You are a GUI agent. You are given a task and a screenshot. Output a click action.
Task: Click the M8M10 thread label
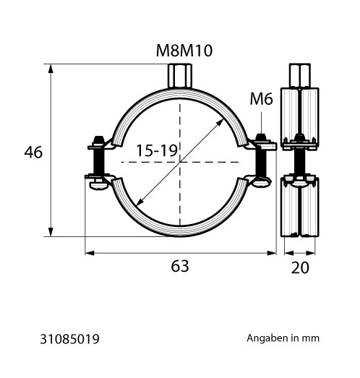point(184,51)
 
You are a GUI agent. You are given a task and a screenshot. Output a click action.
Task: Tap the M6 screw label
point(261,99)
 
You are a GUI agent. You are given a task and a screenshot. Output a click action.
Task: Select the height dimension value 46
point(33,152)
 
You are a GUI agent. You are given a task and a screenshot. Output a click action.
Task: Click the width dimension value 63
point(180,267)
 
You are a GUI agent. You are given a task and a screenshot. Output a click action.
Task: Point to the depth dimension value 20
point(300,267)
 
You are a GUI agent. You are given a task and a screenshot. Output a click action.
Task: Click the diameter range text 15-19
point(157,150)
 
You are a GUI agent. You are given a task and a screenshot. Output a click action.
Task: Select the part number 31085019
point(69,339)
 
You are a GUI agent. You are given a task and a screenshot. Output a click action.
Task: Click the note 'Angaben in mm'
point(283,338)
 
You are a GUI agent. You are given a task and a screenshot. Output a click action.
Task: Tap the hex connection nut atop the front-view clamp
point(180,75)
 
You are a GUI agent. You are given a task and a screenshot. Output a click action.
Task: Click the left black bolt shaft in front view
point(98,161)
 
